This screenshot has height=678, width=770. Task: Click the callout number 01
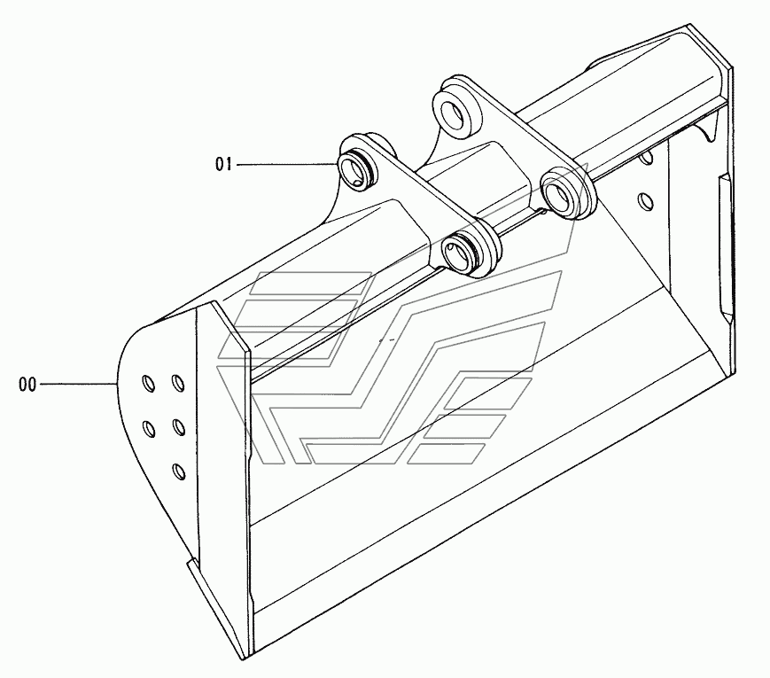click(x=223, y=164)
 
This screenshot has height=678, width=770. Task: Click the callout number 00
click(x=27, y=385)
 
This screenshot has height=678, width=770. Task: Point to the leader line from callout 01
click(x=284, y=164)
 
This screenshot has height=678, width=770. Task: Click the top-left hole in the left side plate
click(x=148, y=384)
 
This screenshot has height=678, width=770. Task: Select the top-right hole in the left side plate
click(x=178, y=383)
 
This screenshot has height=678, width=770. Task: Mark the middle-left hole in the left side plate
click(x=149, y=429)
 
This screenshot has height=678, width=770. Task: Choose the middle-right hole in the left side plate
click(x=178, y=428)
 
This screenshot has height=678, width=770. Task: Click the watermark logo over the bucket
click(x=390, y=363)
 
